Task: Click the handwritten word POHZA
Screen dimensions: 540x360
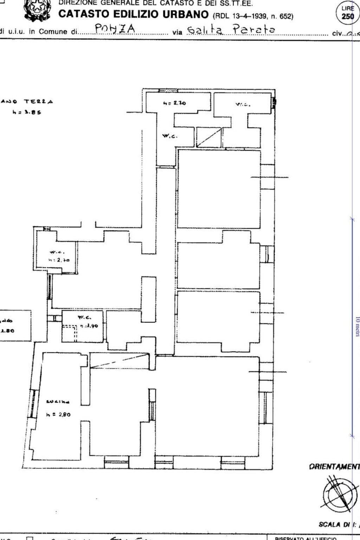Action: tap(115, 30)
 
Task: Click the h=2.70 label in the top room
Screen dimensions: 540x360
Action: tap(174, 103)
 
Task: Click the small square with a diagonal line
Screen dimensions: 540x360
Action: tap(208, 137)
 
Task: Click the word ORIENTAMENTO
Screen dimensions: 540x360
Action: tap(334, 467)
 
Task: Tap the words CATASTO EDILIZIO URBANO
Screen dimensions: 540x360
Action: tap(134, 14)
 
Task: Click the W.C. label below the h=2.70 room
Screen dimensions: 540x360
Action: tap(170, 136)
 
